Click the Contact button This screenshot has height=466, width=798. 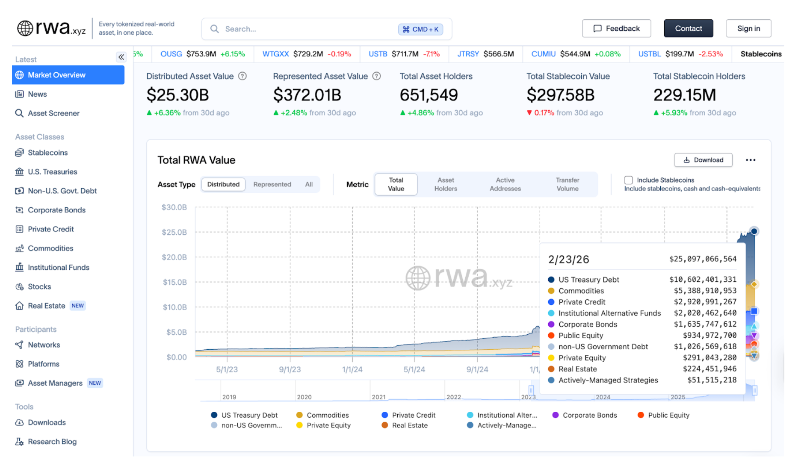pyautogui.click(x=688, y=29)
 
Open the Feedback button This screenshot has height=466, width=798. pyautogui.click(x=616, y=29)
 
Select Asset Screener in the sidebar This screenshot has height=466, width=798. pyautogui.click(x=53, y=113)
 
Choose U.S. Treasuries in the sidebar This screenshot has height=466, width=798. pyautogui.click(x=52, y=172)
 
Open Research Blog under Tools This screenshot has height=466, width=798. pyautogui.click(x=52, y=442)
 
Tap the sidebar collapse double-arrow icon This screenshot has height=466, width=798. pyautogui.click(x=121, y=57)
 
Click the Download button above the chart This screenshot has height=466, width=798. pyautogui.click(x=703, y=160)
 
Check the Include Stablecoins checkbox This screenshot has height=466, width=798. pyautogui.click(x=628, y=180)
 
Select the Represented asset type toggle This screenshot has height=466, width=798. pyautogui.click(x=272, y=184)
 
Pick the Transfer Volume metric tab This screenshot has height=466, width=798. pyautogui.click(x=567, y=184)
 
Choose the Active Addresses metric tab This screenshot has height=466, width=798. pyautogui.click(x=505, y=184)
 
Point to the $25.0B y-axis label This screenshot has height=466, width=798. pyautogui.click(x=174, y=232)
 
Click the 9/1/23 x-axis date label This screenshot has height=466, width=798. pyautogui.click(x=290, y=369)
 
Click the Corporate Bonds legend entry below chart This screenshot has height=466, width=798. pyautogui.click(x=589, y=415)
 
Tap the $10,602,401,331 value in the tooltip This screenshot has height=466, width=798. pyautogui.click(x=703, y=280)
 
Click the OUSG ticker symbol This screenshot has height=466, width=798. pyautogui.click(x=171, y=54)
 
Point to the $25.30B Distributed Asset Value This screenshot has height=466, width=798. pyautogui.click(x=177, y=95)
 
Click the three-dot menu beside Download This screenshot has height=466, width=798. pyautogui.click(x=751, y=160)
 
